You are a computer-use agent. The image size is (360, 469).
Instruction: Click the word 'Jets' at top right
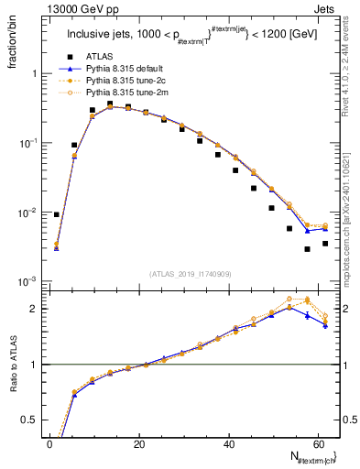326,10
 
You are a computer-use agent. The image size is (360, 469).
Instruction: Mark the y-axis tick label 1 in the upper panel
33,74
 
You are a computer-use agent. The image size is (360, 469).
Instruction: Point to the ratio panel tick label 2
33,309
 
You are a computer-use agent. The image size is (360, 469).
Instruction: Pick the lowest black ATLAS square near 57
307,249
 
